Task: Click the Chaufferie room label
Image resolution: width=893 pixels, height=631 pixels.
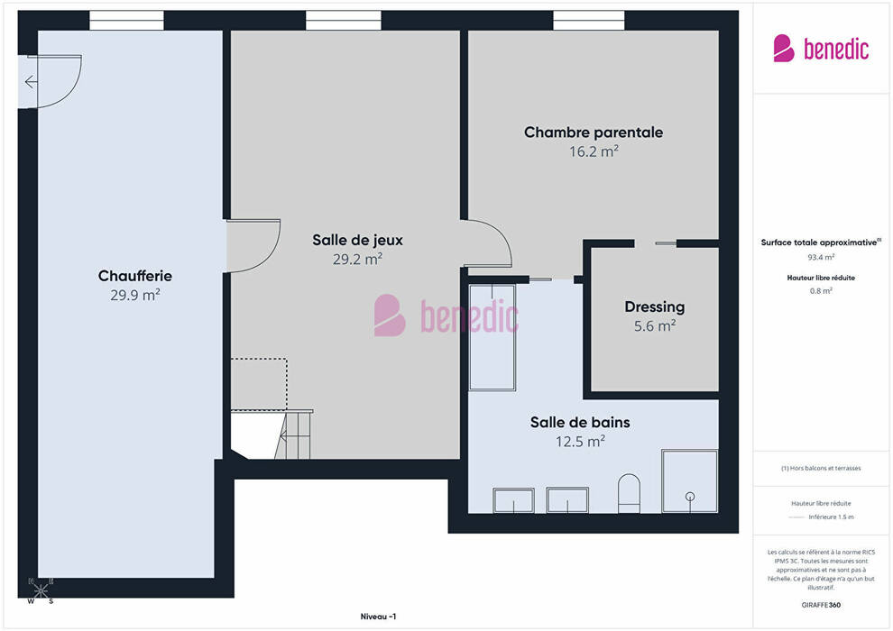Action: (135, 276)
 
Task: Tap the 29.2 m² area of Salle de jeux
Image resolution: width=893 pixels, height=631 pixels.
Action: (358, 260)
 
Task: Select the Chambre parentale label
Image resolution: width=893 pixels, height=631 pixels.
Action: (594, 133)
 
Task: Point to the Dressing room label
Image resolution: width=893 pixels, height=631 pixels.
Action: (654, 307)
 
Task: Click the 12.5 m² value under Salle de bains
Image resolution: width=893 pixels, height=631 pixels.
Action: (580, 442)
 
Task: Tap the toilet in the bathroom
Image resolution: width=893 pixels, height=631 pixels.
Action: (629, 493)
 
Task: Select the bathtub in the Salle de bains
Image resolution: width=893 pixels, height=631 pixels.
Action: (493, 337)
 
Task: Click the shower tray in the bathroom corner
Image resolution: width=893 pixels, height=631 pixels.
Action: (690, 480)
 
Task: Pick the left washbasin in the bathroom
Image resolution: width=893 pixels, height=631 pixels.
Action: (514, 500)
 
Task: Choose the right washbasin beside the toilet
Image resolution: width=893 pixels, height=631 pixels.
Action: (567, 499)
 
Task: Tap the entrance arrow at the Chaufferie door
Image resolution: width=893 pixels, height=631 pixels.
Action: (32, 83)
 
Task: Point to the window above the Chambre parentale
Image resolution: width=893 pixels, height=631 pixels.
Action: (589, 21)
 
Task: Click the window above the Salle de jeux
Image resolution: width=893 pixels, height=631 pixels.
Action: (344, 21)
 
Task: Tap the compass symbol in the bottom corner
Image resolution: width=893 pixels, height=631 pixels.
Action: (41, 591)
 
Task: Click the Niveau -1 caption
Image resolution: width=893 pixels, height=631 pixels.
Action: (378, 617)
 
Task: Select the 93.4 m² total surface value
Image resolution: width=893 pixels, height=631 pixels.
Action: (821, 257)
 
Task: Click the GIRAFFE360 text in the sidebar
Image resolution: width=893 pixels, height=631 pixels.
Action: (821, 605)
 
